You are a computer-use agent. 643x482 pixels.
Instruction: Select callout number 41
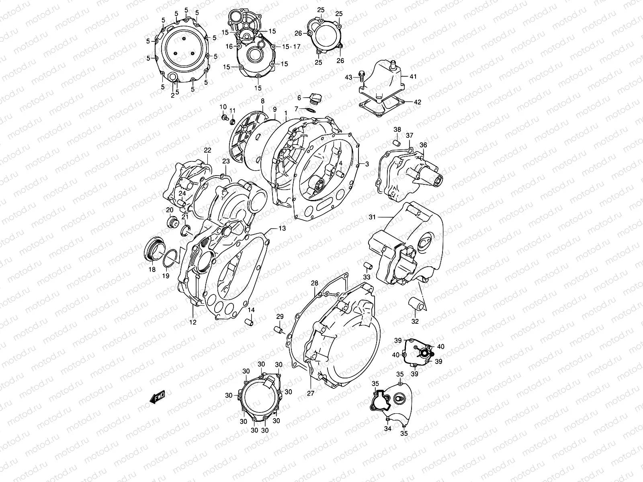tap(414, 76)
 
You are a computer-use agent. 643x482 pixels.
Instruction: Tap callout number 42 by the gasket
tap(417, 102)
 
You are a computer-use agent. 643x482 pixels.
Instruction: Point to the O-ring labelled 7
tap(310, 109)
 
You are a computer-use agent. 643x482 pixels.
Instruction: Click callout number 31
tap(372, 217)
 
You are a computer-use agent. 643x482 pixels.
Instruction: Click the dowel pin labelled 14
tap(250, 322)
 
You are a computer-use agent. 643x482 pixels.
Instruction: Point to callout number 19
tap(166, 276)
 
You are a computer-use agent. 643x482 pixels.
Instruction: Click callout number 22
tap(207, 150)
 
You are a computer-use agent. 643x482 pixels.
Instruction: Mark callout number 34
tap(387, 429)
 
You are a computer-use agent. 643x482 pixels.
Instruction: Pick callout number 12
tap(193, 322)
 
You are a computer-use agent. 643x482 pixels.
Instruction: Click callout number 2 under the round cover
tap(173, 95)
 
